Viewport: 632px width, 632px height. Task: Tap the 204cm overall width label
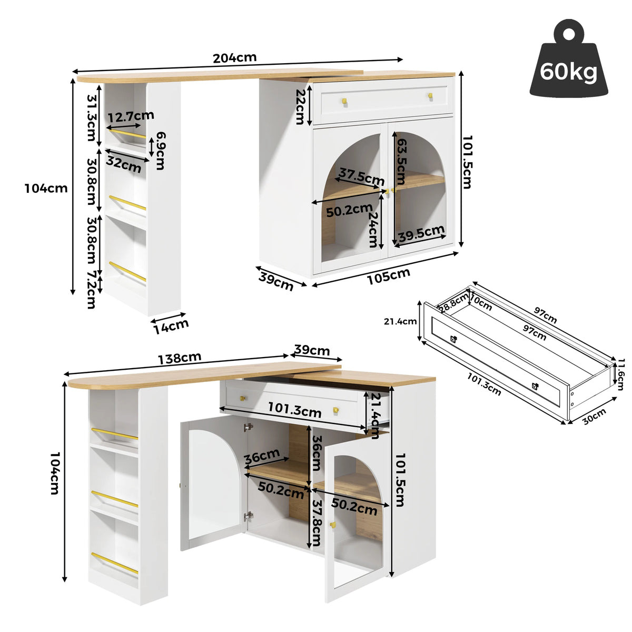[x=234, y=58]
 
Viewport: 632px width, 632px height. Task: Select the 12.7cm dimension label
[x=131, y=116]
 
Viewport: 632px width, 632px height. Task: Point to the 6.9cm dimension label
[x=161, y=151]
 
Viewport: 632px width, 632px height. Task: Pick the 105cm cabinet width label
[x=388, y=276]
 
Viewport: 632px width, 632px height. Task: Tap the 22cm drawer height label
[x=300, y=106]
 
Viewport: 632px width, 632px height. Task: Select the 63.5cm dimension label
[x=401, y=161]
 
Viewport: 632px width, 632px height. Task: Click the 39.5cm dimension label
[x=421, y=233]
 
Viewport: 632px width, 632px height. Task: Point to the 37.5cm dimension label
[x=361, y=177]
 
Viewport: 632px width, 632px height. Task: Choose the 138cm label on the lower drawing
[x=180, y=358]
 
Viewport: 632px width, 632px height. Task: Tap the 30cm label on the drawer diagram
[x=594, y=417]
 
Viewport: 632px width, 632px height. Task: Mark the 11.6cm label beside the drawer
[x=620, y=374]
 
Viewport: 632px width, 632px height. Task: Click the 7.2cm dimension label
[x=91, y=290]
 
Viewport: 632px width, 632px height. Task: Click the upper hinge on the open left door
[x=248, y=427]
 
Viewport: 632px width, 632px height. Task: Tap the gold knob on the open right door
[x=332, y=525]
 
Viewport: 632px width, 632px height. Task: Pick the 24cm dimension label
[x=373, y=229]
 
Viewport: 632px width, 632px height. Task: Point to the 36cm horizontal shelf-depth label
[x=262, y=456]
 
